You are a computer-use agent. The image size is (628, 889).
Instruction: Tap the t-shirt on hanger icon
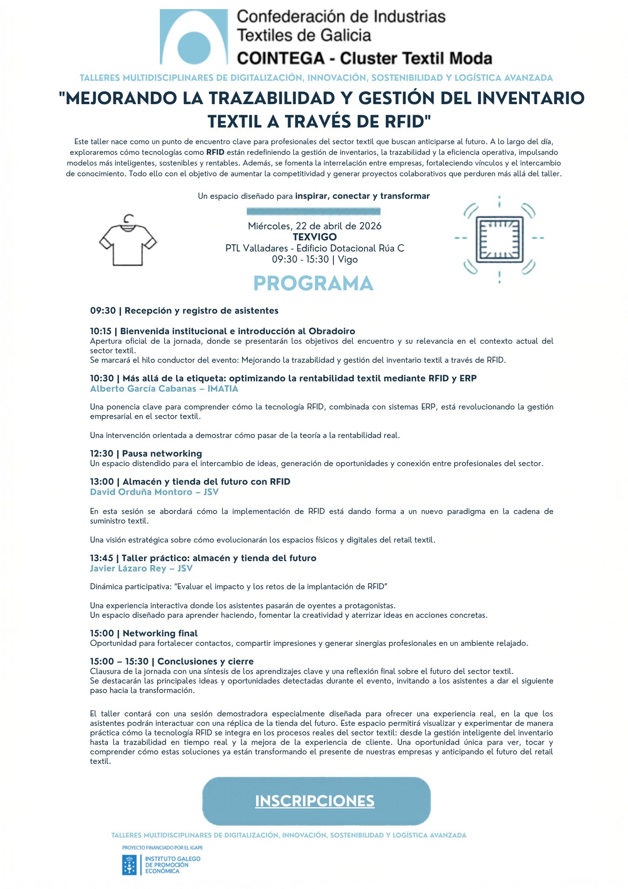(128, 241)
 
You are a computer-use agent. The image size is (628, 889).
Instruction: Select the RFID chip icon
(499, 240)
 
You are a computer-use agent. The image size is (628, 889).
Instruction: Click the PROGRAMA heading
(313, 284)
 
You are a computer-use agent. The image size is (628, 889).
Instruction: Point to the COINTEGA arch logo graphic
(194, 37)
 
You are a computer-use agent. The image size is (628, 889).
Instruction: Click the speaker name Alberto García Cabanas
(143, 389)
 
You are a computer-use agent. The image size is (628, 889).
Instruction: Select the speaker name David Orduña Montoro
(141, 492)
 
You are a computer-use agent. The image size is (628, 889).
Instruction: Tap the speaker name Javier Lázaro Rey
(128, 569)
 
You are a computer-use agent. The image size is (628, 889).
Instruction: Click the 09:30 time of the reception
(103, 311)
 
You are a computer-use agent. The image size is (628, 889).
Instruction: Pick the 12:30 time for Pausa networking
(101, 454)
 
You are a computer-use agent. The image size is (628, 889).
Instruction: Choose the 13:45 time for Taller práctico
(101, 558)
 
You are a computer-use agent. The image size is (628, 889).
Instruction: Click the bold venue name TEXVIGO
(315, 237)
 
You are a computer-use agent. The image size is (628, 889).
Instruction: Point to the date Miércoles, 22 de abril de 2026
(315, 226)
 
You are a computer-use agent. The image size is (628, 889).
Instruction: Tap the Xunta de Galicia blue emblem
(129, 865)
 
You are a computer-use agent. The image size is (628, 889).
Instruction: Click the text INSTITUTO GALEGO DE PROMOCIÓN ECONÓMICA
(173, 865)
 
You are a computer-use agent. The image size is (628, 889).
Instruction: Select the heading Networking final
(160, 634)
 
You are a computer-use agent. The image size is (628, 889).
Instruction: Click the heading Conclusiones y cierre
(205, 662)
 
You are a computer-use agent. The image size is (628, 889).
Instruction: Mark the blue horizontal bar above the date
(313, 211)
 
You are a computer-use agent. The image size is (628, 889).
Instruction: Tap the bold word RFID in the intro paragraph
(215, 152)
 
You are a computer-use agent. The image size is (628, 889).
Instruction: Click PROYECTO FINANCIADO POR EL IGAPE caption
(162, 848)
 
